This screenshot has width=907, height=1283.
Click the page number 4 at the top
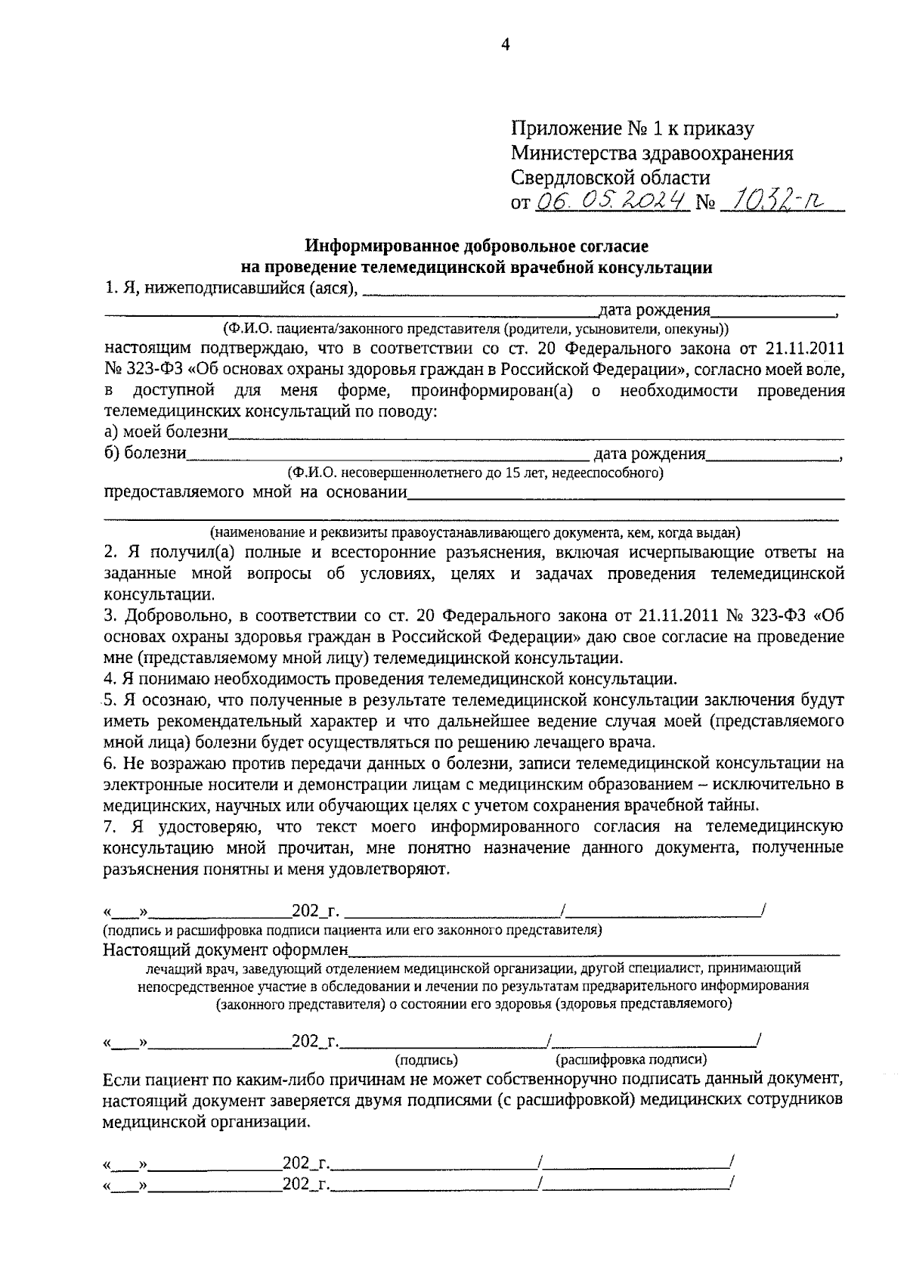point(506,45)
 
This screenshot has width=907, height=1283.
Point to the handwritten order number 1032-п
point(772,200)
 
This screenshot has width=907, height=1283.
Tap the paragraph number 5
point(107,699)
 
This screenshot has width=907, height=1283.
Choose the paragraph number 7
point(107,826)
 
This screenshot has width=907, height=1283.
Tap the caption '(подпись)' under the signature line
point(427,1061)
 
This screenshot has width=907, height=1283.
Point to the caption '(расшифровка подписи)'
point(631,1060)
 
